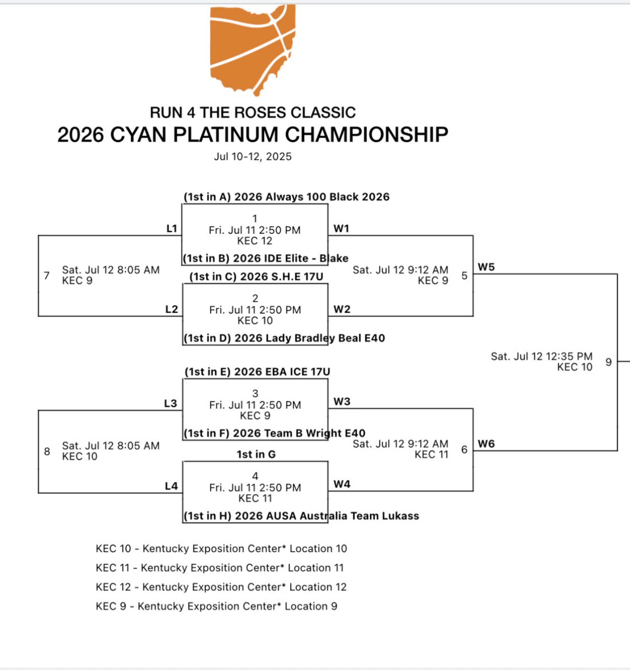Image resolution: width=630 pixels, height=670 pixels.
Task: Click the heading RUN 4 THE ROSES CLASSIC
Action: pyautogui.click(x=253, y=112)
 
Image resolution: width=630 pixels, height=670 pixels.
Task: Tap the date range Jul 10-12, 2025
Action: pyautogui.click(x=253, y=156)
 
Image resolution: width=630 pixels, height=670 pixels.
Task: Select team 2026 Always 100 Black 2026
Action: pyautogui.click(x=286, y=197)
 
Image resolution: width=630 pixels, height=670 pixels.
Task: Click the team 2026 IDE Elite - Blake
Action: pyautogui.click(x=266, y=258)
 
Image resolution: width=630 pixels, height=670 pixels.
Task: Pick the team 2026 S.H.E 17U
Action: pyautogui.click(x=256, y=276)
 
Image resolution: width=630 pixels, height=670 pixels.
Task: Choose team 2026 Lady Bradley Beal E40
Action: pyautogui.click(x=284, y=338)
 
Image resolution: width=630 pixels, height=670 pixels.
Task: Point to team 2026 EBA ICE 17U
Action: pyautogui.click(x=257, y=372)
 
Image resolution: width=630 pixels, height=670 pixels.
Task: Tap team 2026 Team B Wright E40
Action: pyautogui.click(x=274, y=433)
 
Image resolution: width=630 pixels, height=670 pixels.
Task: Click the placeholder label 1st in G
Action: pyautogui.click(x=256, y=454)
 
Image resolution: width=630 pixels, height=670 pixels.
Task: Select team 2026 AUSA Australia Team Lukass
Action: pyautogui.click(x=301, y=516)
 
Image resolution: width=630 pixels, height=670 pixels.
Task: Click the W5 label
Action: pyautogui.click(x=486, y=267)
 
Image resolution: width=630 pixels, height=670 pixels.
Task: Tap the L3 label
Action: pyautogui.click(x=170, y=404)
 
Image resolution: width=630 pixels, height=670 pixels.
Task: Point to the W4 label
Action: pyautogui.click(x=342, y=484)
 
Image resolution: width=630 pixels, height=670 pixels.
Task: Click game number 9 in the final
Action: pyautogui.click(x=608, y=362)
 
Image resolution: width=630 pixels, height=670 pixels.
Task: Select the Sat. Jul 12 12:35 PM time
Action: pyautogui.click(x=541, y=356)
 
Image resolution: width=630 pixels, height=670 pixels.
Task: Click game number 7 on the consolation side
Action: pyautogui.click(x=47, y=275)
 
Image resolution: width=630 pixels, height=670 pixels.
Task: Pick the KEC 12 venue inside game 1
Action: pyautogui.click(x=255, y=241)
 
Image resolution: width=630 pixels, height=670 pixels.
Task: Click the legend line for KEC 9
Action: pyautogui.click(x=216, y=606)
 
